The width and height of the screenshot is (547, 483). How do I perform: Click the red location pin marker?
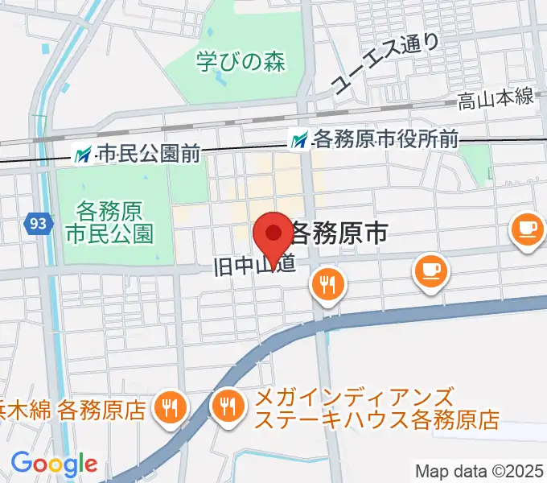(x=273, y=236)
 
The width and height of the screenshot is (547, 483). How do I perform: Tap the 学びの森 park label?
(x=241, y=61)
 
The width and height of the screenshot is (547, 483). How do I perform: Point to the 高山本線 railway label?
(x=496, y=99)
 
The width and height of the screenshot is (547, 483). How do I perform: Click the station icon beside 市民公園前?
(x=83, y=153)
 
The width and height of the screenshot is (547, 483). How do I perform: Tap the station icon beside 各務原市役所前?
(x=300, y=140)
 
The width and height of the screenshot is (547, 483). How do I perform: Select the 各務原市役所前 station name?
(x=385, y=140)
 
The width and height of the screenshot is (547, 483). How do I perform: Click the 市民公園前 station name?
(x=148, y=154)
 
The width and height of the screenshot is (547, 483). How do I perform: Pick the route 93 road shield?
(x=36, y=223)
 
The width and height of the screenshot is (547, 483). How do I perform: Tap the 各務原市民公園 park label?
(x=109, y=223)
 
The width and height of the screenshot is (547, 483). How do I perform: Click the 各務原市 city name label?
(x=338, y=233)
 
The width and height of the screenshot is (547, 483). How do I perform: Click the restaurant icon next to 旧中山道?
(x=327, y=284)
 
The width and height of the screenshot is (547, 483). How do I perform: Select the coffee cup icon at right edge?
(x=527, y=230)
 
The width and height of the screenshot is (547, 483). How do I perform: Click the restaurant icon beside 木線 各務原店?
(x=169, y=407)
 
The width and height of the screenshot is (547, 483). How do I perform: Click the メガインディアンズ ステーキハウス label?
(x=376, y=408)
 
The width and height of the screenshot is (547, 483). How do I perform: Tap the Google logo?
(x=54, y=464)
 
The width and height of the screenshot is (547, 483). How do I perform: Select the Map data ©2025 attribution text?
(x=479, y=470)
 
